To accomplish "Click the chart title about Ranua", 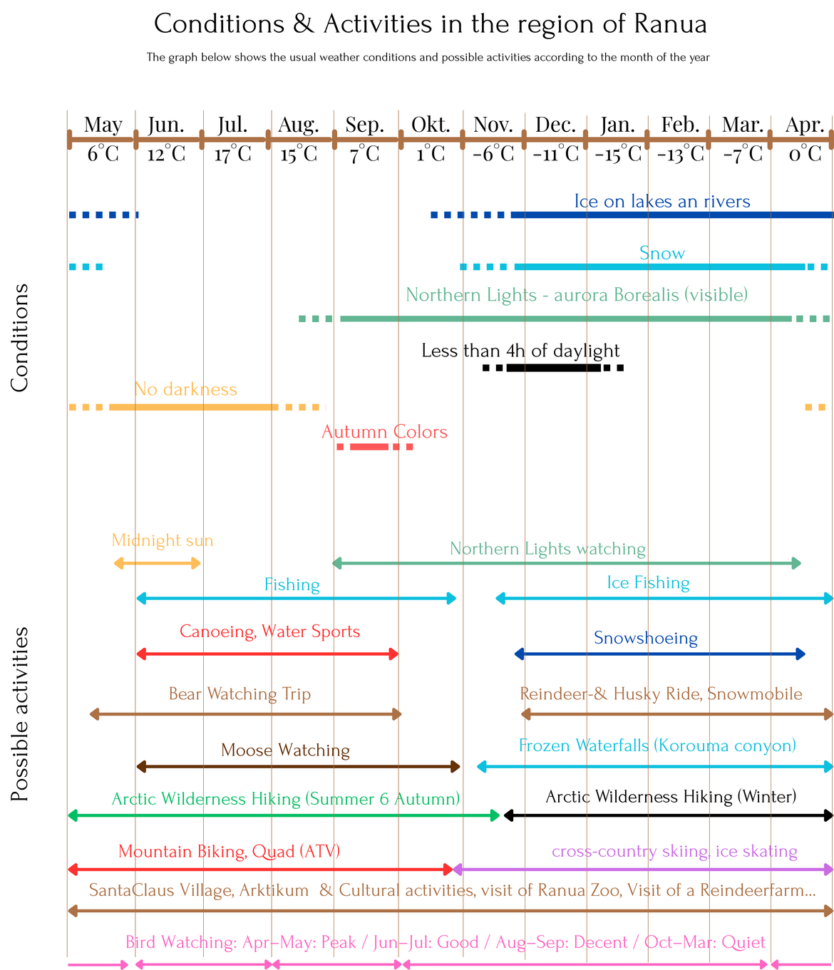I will [x=431, y=24].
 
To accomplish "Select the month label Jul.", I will [x=232, y=125].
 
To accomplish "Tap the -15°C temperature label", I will [x=617, y=154].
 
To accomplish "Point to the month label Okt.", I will [x=431, y=125].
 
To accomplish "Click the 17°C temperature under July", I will [x=232, y=154].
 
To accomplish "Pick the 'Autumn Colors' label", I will [x=384, y=432].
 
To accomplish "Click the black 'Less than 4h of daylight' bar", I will [x=553, y=368].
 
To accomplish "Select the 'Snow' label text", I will [x=662, y=254].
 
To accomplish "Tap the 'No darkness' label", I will [x=185, y=389].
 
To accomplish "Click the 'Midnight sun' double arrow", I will [x=158, y=564].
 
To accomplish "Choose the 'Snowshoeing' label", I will [x=646, y=638].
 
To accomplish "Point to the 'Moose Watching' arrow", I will [x=298, y=767].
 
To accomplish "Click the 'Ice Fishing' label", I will [x=648, y=583].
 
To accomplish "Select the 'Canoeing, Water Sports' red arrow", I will [x=267, y=654].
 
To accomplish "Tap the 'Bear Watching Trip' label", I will [x=240, y=694].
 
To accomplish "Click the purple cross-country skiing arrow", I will [x=643, y=869].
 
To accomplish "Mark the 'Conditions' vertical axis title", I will [x=20, y=338].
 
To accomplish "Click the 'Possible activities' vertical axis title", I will [x=20, y=714].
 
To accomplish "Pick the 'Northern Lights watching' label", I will [x=547, y=549].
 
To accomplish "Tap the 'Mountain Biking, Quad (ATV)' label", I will [x=229, y=852].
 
